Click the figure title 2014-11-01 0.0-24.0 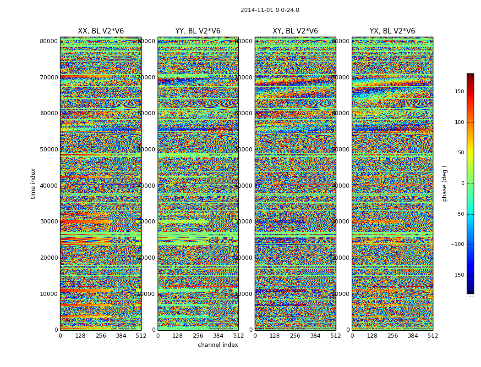pos(269,10)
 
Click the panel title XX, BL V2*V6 pos(101,31)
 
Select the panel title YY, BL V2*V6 pos(198,31)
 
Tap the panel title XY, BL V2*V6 pos(295,31)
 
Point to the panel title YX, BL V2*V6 pos(392,31)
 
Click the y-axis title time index pos(33,183)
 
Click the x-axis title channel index pos(218,345)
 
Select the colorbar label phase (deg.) pos(444,183)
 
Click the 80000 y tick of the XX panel pos(49,41)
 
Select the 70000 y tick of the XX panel pos(49,77)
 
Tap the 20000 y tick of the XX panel pos(49,257)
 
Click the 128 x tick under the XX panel pos(80,336)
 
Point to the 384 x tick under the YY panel pos(218,336)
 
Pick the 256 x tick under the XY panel pos(295,336)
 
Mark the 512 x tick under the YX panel pos(432,336)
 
